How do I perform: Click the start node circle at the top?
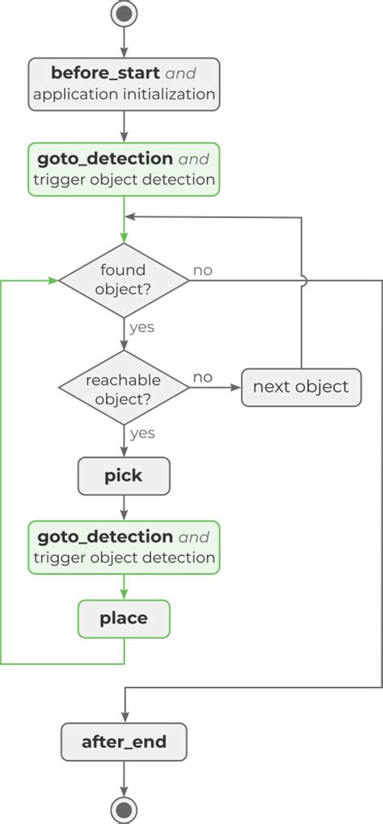tap(124, 14)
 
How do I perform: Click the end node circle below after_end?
tap(124, 809)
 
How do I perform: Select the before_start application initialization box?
tap(124, 83)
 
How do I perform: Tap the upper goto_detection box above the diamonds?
tap(124, 169)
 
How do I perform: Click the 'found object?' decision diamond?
tap(124, 280)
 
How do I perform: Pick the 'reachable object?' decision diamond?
tap(124, 389)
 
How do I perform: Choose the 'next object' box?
tap(301, 387)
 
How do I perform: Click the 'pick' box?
tap(124, 476)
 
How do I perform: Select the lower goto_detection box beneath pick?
tap(124, 547)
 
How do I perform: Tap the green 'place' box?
tap(124, 619)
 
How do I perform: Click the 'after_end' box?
tap(124, 742)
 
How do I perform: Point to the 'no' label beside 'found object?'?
tap(203, 270)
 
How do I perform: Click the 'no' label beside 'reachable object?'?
tap(203, 377)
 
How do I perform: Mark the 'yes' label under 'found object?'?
tap(141, 328)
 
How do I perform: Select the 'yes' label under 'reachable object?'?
tap(141, 434)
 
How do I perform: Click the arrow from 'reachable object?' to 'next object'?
tap(216, 388)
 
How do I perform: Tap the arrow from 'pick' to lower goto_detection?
tap(124, 507)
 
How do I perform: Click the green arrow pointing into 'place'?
tap(124, 587)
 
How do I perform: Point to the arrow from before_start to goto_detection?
tap(124, 125)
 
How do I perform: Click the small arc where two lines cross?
tap(301, 280)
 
